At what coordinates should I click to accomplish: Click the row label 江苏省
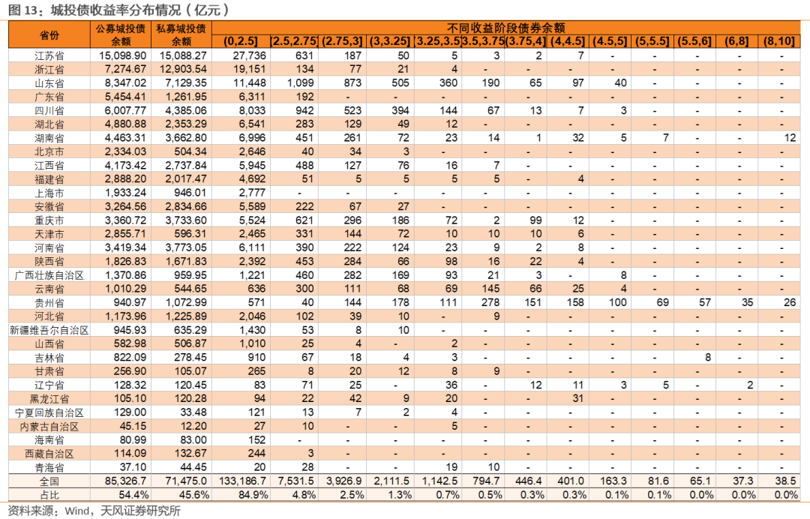click(49, 55)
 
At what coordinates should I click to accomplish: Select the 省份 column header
click(49, 35)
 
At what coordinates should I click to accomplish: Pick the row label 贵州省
click(49, 302)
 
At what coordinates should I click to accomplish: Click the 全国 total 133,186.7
click(243, 481)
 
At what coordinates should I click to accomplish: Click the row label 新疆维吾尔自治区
click(49, 330)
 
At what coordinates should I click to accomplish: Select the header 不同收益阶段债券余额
click(505, 28)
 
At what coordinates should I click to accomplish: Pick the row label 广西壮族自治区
click(49, 275)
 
